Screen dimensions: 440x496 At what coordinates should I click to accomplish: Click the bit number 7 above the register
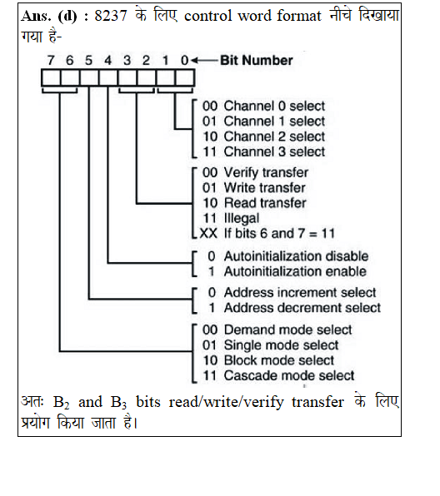51,60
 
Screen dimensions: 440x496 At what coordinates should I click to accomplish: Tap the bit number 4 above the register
108,60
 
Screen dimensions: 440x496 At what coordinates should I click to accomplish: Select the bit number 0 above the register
184,60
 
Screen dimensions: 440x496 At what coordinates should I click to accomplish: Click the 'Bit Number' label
257,60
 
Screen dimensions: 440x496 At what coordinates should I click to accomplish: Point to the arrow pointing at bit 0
204,60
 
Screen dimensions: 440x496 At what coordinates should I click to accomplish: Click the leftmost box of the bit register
51,77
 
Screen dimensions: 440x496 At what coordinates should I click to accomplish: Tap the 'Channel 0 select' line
263,106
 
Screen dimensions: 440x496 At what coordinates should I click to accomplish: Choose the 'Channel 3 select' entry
263,151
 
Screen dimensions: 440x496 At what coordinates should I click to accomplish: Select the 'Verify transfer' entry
255,172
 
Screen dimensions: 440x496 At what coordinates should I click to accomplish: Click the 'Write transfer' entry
253,187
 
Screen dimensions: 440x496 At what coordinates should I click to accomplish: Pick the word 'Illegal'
242,218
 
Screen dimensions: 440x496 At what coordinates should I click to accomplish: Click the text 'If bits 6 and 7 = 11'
279,234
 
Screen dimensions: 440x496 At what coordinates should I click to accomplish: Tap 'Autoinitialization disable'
296,256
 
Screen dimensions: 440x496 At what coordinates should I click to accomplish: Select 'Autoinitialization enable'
295,271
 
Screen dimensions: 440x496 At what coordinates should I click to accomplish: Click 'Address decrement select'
302,308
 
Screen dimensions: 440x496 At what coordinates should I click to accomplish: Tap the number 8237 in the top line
111,16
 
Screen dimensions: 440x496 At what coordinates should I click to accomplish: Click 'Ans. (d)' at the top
49,16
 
